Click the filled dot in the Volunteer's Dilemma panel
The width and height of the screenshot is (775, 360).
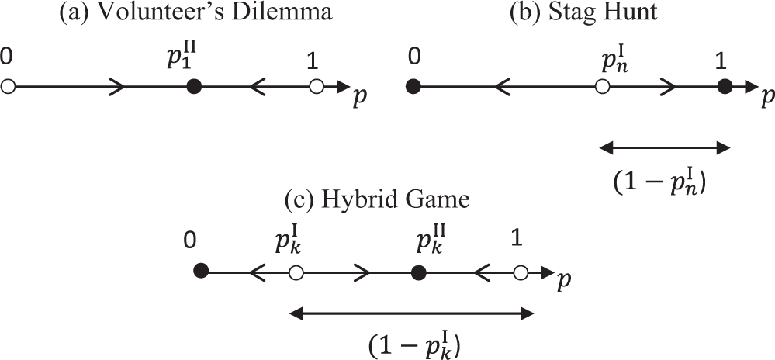pyautogui.click(x=196, y=87)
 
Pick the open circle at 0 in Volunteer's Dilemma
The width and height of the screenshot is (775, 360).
pyautogui.click(x=8, y=87)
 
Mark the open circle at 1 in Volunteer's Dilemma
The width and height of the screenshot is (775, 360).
pyautogui.click(x=315, y=87)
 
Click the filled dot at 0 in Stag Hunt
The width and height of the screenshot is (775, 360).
pyautogui.click(x=413, y=87)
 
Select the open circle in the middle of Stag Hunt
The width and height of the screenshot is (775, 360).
pyautogui.click(x=602, y=87)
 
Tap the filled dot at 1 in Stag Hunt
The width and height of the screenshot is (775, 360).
pyautogui.click(x=724, y=87)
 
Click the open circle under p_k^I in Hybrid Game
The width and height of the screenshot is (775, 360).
pyautogui.click(x=295, y=272)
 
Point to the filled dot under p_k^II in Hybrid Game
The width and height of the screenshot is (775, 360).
pyautogui.click(x=419, y=272)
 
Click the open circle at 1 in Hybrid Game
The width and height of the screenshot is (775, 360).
pyautogui.click(x=521, y=272)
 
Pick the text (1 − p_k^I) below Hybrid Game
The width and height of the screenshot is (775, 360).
pyautogui.click(x=413, y=344)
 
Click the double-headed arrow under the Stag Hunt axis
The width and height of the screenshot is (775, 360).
pyautogui.click(x=665, y=147)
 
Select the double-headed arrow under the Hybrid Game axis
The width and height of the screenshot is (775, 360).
pyautogui.click(x=411, y=313)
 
